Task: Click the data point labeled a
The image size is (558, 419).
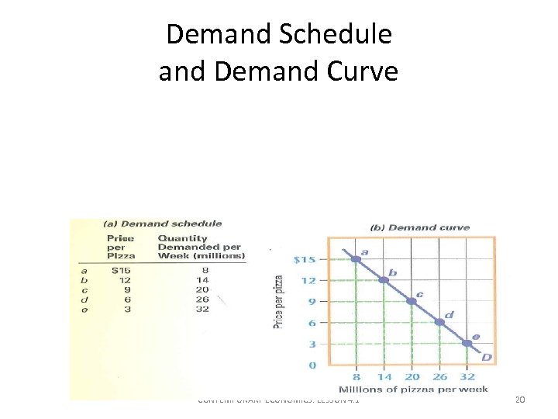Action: coord(356,259)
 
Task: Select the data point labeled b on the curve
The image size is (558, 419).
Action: coord(384,280)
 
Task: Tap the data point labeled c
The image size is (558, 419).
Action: coord(412,301)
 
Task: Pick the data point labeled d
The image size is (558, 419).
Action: coord(439,322)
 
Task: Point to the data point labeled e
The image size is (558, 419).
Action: coord(467,343)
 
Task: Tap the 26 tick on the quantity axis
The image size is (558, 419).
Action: coord(439,376)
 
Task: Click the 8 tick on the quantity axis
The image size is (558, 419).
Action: coord(356,376)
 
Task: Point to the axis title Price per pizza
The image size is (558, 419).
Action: coord(279,301)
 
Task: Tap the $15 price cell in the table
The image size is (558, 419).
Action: coord(121,270)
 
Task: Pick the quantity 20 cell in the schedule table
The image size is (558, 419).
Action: coord(202,289)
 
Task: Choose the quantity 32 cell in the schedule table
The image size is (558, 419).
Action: coord(202,309)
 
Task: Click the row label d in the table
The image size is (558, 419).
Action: coord(85,300)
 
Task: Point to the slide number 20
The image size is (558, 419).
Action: coord(520,400)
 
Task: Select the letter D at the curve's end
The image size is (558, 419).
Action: coord(487,357)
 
